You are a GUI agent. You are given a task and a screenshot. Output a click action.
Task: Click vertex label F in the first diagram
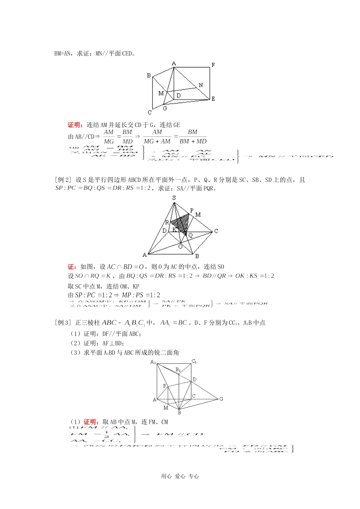pyautogui.click(x=213, y=65)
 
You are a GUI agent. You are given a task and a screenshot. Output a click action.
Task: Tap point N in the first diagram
pyautogui.click(x=200, y=85)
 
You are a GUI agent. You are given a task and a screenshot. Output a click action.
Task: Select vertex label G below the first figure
pyautogui.click(x=165, y=108)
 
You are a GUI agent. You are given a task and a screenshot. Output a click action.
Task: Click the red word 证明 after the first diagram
pyautogui.click(x=75, y=125)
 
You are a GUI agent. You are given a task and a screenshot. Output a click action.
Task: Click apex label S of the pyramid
pyautogui.click(x=174, y=198)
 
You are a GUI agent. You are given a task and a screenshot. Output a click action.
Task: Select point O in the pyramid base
pyautogui.click(x=180, y=247)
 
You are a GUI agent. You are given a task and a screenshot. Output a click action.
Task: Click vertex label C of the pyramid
pyautogui.click(x=216, y=231)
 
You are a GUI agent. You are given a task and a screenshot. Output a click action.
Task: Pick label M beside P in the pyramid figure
pyautogui.click(x=198, y=215)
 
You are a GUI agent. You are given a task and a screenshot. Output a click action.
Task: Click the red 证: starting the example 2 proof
pyautogui.click(x=73, y=267)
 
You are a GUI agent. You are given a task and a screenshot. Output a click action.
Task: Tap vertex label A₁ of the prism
pyautogui.click(x=153, y=362)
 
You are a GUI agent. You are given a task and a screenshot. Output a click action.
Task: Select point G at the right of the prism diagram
pyautogui.click(x=221, y=399)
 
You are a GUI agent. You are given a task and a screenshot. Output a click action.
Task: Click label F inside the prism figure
pyautogui.click(x=164, y=386)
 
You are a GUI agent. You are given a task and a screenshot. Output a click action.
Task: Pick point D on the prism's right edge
pyautogui.click(x=194, y=379)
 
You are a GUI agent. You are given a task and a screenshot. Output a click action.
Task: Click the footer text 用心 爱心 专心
pyautogui.click(x=180, y=476)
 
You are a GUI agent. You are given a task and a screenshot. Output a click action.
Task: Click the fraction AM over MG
pyautogui.click(x=109, y=137)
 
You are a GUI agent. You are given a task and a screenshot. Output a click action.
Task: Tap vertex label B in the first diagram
pyautogui.click(x=149, y=76)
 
